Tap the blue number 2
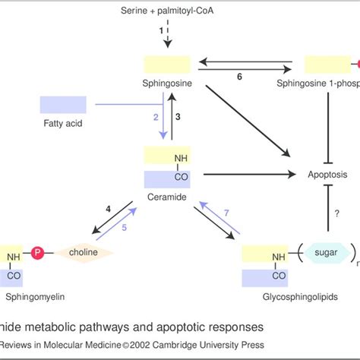(155, 117)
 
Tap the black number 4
(109, 208)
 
